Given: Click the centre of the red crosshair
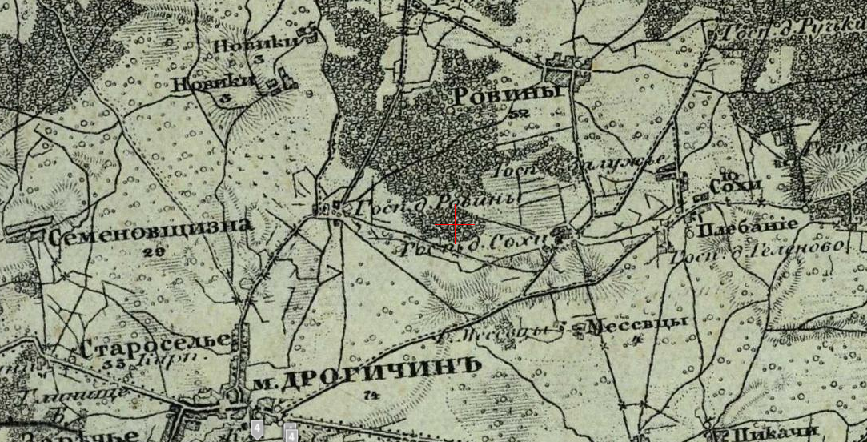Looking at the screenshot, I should click(456, 226).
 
